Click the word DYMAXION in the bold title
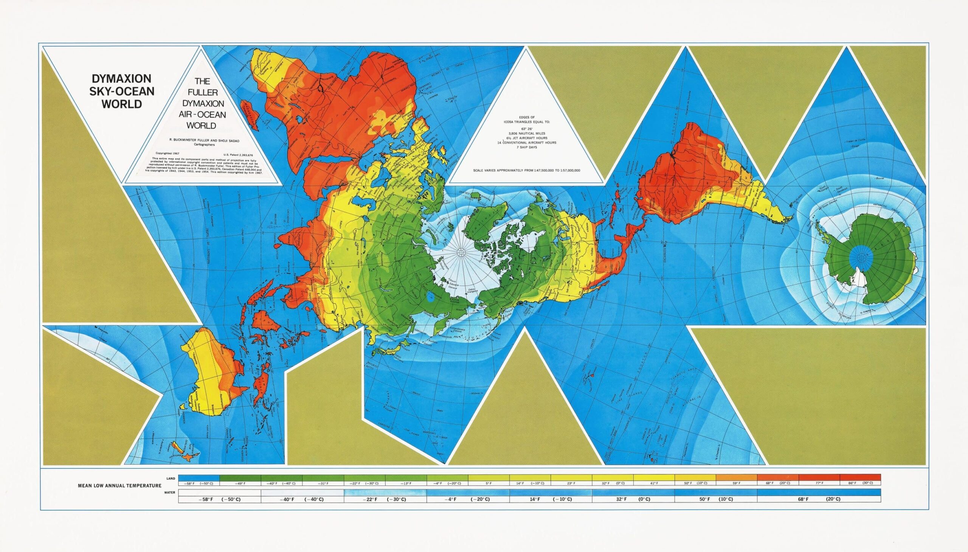coord(122,78)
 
